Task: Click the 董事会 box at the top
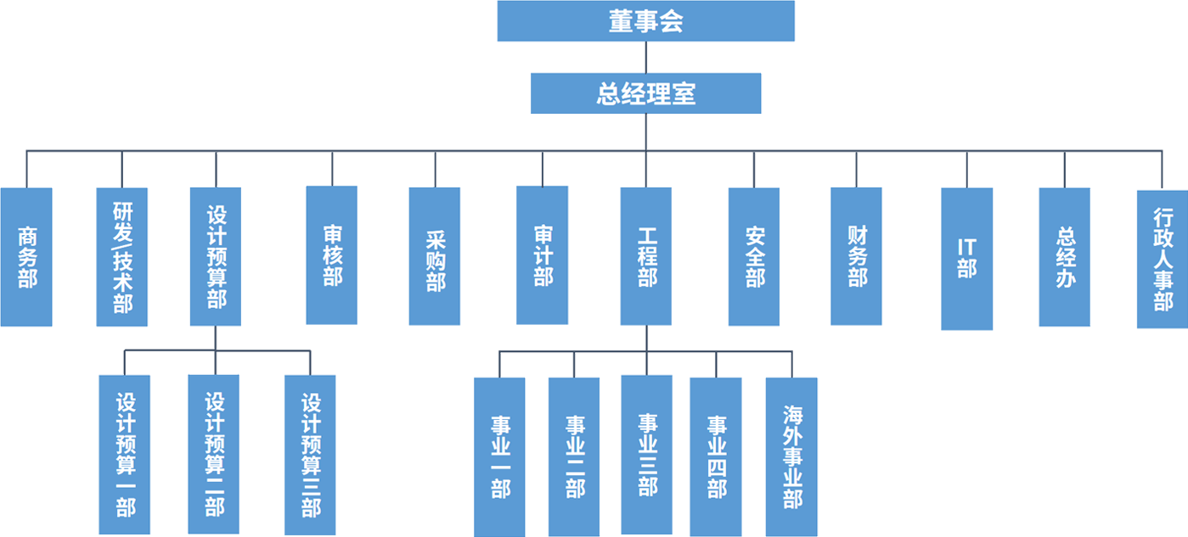point(645,21)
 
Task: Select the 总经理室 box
point(645,94)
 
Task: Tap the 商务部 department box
point(26,256)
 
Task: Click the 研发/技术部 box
point(122,256)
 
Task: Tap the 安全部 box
point(755,256)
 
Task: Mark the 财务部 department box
point(857,256)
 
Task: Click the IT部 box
point(966,258)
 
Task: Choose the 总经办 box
point(1065,256)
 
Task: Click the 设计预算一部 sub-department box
point(125,454)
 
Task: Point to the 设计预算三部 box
point(312,454)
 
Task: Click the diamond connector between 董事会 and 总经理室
point(645,58)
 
